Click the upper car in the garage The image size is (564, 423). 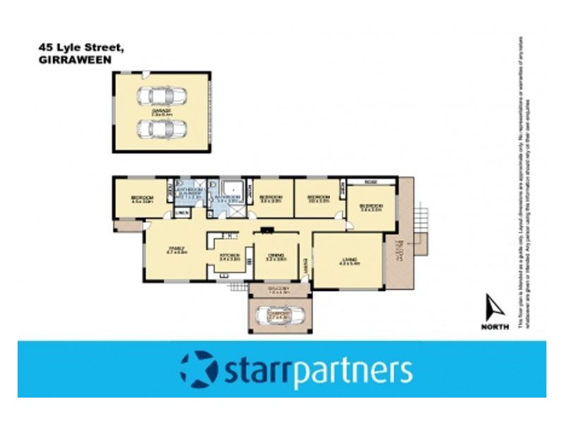click(163, 96)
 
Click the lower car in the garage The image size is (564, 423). click(163, 129)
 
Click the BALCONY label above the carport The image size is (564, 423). click(278, 289)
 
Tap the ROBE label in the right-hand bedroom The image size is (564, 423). click(370, 183)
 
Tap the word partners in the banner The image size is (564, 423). click(353, 371)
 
